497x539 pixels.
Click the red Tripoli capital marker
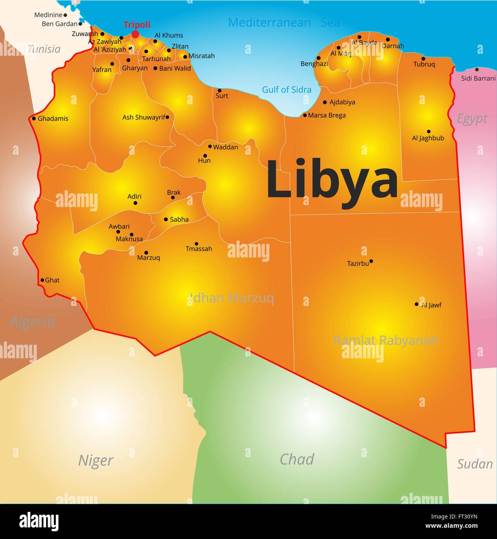point(135,34)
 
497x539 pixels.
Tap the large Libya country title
point(332,180)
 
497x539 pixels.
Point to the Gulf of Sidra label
point(286,90)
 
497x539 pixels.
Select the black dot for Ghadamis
point(34,119)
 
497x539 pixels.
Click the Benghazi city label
point(314,64)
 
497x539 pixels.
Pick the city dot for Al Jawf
point(416,304)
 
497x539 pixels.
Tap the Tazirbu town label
point(358,264)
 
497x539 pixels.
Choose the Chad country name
point(296,460)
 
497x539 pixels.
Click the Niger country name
point(96,460)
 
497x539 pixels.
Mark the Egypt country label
point(472,119)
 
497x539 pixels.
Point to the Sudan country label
point(475,464)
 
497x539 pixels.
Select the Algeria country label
point(33,321)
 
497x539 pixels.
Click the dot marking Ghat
point(42,280)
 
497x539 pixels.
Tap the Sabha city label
point(179,219)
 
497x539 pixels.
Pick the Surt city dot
point(219,90)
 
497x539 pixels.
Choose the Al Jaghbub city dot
point(428,131)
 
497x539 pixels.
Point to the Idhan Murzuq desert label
point(232,298)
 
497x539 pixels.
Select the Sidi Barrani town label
point(478,78)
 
